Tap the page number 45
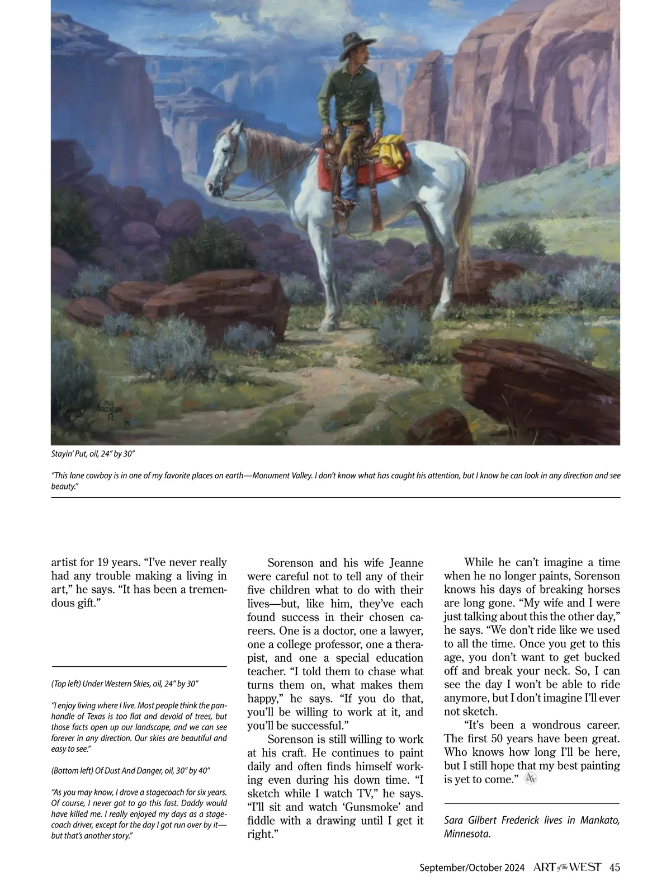point(615,868)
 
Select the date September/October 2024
point(472,868)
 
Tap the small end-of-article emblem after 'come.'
point(531,779)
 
